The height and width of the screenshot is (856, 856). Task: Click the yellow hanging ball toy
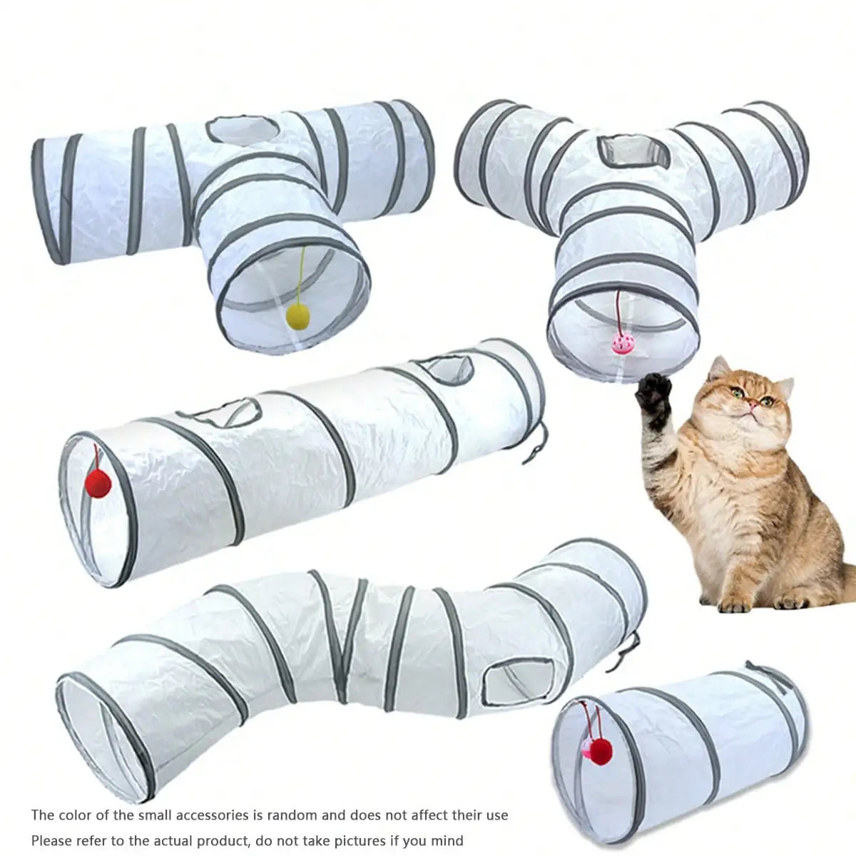[x=297, y=315]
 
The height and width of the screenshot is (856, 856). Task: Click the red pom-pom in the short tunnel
[x=603, y=752]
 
